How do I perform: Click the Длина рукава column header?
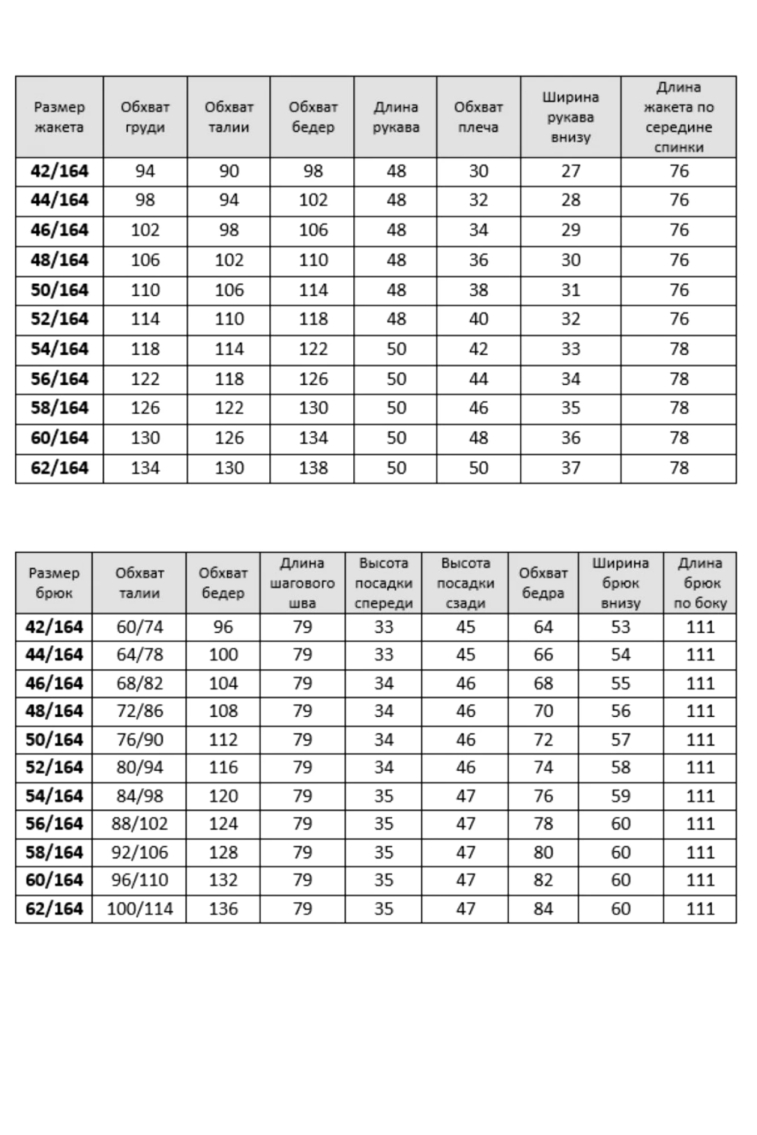(x=396, y=117)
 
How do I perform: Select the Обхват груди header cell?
(x=145, y=117)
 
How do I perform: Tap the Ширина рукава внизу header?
(x=570, y=117)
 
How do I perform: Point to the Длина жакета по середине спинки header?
(x=679, y=117)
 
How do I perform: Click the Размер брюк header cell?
(x=54, y=583)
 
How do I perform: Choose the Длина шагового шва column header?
(x=302, y=583)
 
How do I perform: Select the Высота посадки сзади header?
(x=465, y=583)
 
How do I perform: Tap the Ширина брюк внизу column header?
(x=620, y=583)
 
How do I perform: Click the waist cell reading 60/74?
(x=140, y=627)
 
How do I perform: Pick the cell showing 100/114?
(x=140, y=909)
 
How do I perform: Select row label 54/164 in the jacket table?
(x=60, y=349)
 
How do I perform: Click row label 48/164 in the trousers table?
(x=54, y=711)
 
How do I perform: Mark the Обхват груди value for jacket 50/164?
(x=145, y=290)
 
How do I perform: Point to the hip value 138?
(x=313, y=468)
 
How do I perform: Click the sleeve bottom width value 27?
(x=570, y=171)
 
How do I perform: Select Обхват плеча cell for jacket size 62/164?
(x=478, y=468)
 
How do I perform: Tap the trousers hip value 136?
(x=223, y=909)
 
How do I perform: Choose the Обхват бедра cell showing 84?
(x=543, y=909)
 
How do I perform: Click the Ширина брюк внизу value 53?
(x=620, y=627)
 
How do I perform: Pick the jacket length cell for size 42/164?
(x=679, y=171)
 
